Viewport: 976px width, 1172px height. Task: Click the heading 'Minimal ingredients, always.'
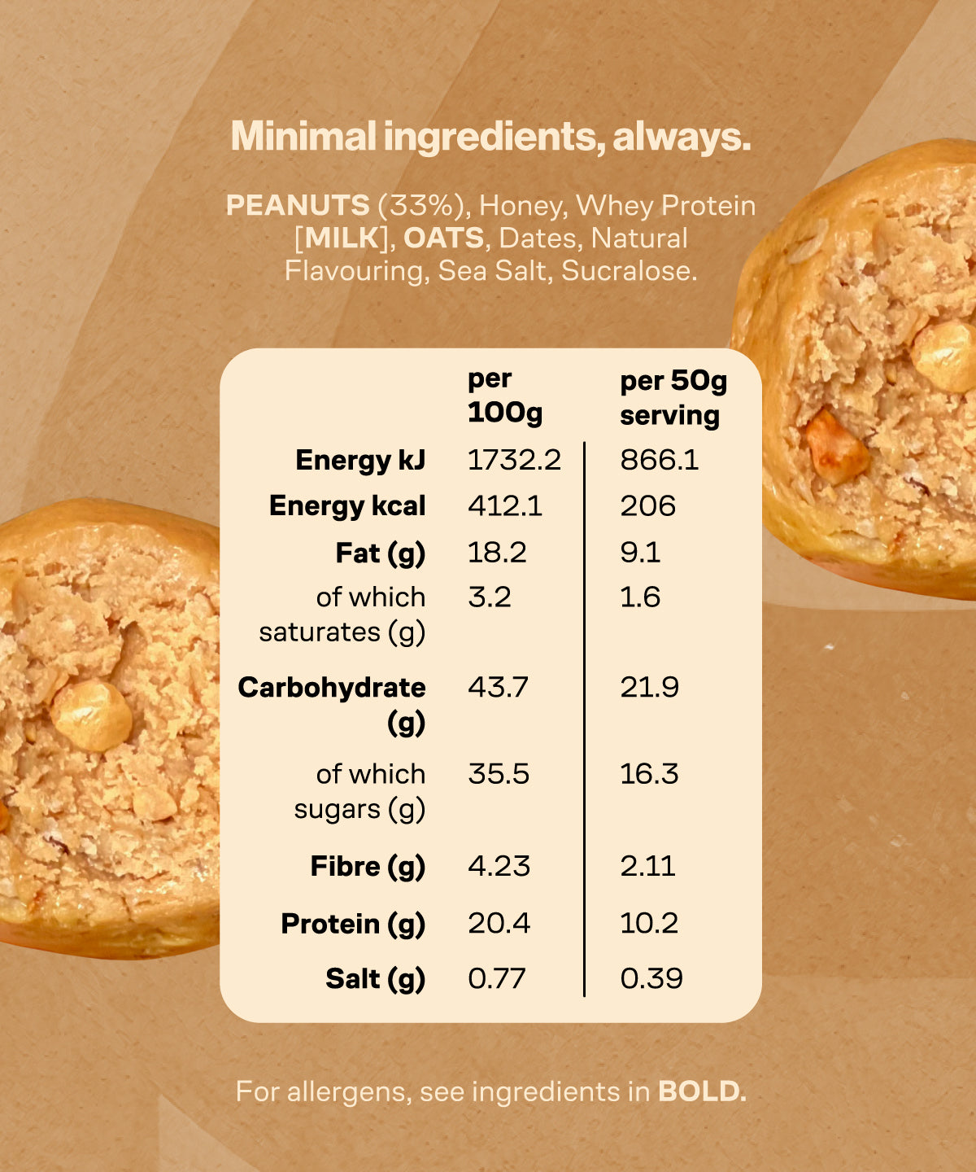point(490,137)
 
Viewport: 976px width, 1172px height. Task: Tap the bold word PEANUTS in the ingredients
point(298,205)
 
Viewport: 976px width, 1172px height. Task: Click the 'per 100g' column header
point(505,396)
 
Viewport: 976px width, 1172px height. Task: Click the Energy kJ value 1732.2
point(514,460)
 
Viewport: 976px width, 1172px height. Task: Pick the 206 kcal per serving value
point(647,505)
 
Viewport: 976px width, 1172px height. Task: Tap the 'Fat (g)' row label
point(380,553)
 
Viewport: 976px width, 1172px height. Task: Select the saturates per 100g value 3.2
point(490,597)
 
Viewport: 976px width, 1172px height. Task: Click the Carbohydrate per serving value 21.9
point(649,687)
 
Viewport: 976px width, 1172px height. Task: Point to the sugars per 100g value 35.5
point(498,773)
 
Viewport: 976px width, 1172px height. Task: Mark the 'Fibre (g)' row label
point(368,866)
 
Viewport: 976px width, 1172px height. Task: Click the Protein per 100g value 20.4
point(499,923)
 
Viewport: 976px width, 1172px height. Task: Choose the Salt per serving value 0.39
point(651,978)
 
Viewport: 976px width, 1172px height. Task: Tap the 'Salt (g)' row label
point(375,978)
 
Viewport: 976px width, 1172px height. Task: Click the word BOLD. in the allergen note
point(702,1091)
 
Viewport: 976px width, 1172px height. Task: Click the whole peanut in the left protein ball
point(91,715)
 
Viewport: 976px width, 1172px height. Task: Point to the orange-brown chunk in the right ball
point(835,447)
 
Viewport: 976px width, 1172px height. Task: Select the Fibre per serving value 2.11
point(647,865)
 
